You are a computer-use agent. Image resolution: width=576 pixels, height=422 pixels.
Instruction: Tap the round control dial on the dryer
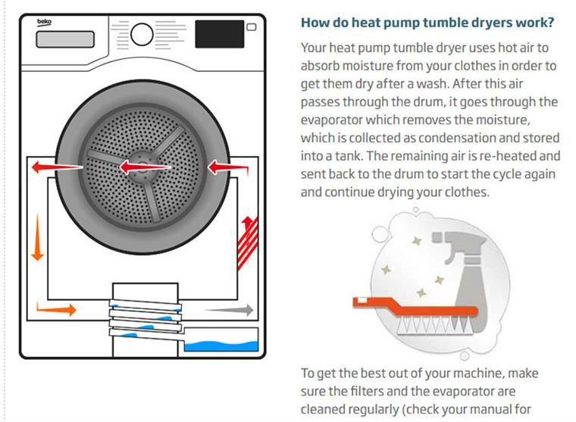(142, 33)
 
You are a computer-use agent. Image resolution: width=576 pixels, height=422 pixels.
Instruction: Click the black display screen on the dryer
(219, 33)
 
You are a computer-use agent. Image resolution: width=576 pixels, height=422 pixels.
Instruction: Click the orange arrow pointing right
(56, 309)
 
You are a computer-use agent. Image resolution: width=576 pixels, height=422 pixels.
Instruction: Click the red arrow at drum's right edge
(221, 165)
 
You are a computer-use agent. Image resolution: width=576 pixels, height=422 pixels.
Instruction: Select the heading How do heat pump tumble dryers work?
(427, 23)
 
